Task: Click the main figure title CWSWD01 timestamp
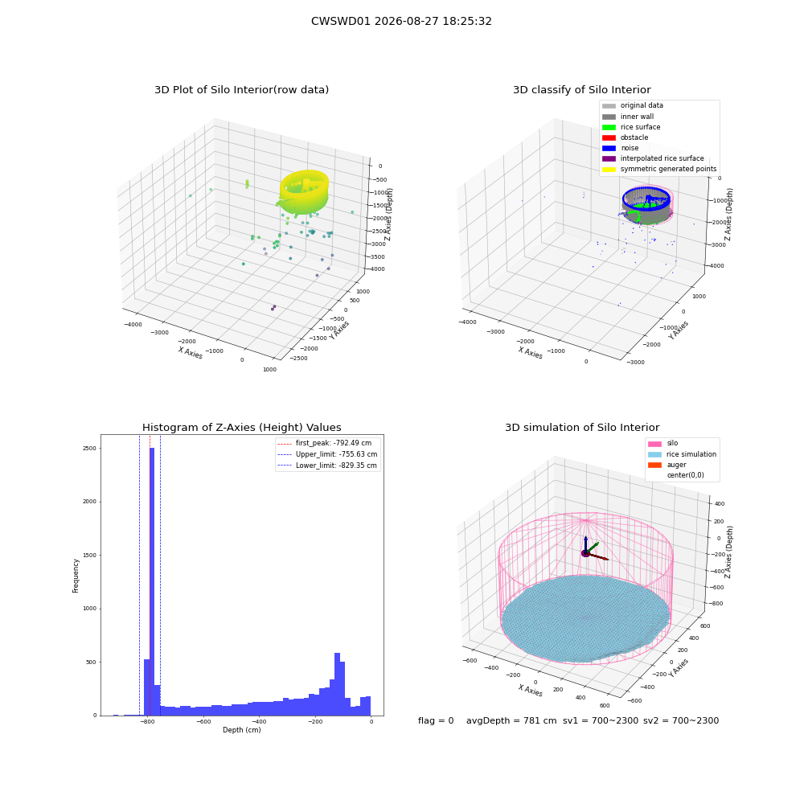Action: point(401,21)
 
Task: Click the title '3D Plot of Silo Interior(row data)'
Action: point(241,90)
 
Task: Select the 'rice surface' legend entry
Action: point(631,127)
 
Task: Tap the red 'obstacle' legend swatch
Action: point(609,137)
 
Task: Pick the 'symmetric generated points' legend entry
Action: point(659,169)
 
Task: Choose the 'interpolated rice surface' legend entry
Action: point(653,158)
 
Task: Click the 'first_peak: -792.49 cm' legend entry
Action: point(324,443)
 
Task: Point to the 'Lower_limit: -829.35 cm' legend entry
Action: point(327,466)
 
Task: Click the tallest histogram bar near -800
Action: point(152,581)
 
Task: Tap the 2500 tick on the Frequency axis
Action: point(89,448)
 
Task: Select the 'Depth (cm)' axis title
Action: point(241,730)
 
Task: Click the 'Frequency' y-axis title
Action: point(76,576)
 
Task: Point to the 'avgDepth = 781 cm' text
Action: point(511,720)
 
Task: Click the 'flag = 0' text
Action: point(436,720)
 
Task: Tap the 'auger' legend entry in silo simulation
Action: point(667,465)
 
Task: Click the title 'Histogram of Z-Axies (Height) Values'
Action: point(241,427)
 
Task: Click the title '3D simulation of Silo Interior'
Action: point(582,427)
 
